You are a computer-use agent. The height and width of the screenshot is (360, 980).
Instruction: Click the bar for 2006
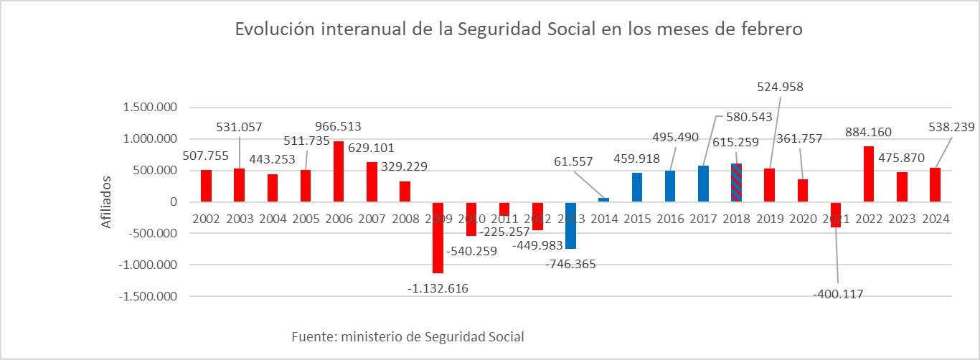(x=339, y=171)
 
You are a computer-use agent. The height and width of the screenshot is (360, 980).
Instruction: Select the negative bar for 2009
(x=438, y=237)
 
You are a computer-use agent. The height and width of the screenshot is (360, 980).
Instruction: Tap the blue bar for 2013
(x=570, y=225)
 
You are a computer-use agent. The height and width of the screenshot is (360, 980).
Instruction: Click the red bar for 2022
(x=868, y=174)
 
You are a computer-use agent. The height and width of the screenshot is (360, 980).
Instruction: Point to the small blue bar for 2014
(x=603, y=199)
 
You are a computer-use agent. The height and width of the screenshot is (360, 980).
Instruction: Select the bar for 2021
(x=835, y=214)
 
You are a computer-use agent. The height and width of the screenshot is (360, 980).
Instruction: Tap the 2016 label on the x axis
(x=669, y=219)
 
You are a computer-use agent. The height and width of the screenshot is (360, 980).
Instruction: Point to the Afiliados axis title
(x=106, y=202)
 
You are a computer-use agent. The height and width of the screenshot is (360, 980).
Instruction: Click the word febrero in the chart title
(x=769, y=30)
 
